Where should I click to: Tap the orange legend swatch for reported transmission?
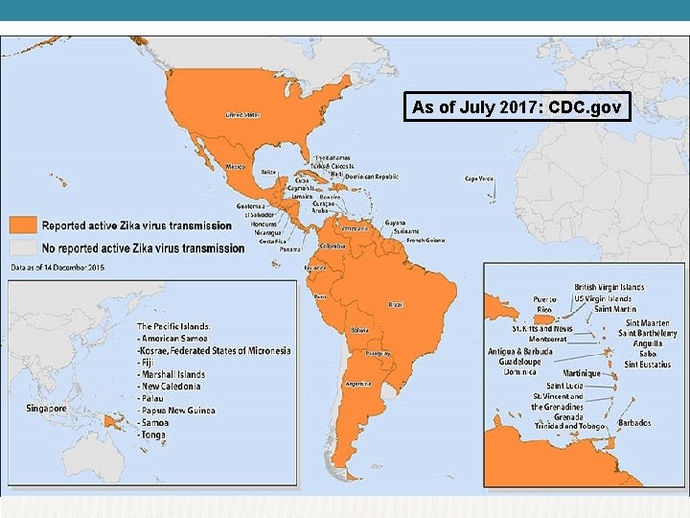point(23,225)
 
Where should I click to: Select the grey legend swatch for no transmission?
point(23,247)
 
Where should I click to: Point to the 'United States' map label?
point(241,114)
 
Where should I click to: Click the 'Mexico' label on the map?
point(235,166)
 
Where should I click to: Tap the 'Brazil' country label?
point(395,304)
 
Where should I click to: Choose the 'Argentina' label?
point(358,384)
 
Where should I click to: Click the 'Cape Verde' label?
point(479,178)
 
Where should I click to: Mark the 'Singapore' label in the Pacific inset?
point(46,408)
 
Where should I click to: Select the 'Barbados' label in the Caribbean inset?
point(634,423)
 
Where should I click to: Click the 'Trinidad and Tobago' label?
point(569,426)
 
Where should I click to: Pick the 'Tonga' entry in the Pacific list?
point(152,435)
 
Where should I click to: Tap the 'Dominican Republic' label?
point(371,177)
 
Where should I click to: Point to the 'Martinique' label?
point(583,373)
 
